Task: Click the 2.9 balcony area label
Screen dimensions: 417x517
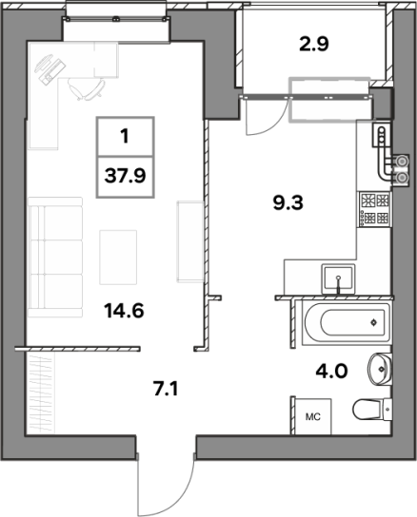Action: [x=313, y=45]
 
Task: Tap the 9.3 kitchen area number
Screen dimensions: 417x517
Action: [x=288, y=202]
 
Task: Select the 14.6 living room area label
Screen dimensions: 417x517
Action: [x=124, y=310]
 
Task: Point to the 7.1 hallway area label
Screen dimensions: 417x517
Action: [x=166, y=389]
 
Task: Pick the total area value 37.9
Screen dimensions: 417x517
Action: [x=125, y=176]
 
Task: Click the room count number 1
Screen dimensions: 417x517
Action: [x=125, y=136]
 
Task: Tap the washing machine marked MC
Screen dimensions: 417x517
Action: [x=313, y=416]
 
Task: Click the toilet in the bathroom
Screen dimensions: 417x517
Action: [x=372, y=410]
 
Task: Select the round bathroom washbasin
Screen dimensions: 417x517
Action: [x=380, y=369]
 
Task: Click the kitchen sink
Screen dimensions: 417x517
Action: [x=338, y=279]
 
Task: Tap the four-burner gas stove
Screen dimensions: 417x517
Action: [x=375, y=209]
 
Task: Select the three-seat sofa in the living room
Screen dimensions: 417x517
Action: [x=55, y=258]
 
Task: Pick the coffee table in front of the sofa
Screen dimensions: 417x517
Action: [x=118, y=258]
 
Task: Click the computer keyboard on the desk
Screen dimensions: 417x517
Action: [x=52, y=71]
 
